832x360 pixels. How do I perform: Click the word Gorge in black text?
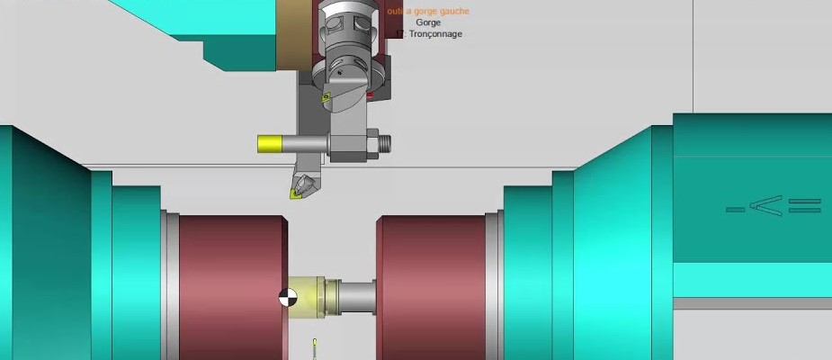pyautogui.click(x=428, y=22)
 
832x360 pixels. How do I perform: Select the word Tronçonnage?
pyautogui.click(x=435, y=34)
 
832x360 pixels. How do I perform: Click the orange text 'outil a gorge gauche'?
pyautogui.click(x=427, y=12)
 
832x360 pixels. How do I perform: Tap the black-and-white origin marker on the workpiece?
pyautogui.click(x=287, y=296)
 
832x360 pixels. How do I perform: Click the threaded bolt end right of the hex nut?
pyautogui.click(x=386, y=141)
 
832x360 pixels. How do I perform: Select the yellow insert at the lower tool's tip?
pyautogui.click(x=296, y=190)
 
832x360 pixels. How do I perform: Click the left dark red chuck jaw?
pyautogui.click(x=232, y=287)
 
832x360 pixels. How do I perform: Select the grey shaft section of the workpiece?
pyautogui.click(x=357, y=294)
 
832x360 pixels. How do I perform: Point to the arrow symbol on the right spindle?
pyautogui.click(x=773, y=208)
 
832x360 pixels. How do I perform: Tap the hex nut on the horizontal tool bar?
pyautogui.click(x=370, y=141)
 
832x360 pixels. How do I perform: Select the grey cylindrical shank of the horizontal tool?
pyautogui.click(x=306, y=143)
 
